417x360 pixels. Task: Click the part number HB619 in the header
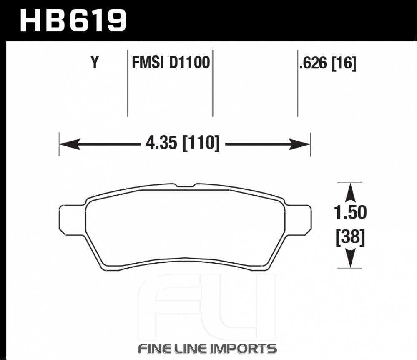click(73, 20)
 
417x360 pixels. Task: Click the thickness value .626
click(313, 63)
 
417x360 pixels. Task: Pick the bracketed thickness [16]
click(344, 63)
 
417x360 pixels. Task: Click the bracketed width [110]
click(201, 143)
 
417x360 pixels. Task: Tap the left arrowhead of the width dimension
click(70, 144)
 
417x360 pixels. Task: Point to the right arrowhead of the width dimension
click(299, 144)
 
